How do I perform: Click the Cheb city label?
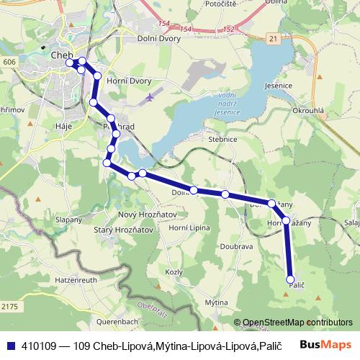pyautogui.click(x=60, y=54)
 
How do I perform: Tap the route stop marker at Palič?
pyautogui.click(x=291, y=279)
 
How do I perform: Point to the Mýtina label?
pyautogui.click(x=216, y=302)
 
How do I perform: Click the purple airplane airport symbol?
pyautogui.click(x=149, y=96)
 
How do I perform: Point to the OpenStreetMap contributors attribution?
pyautogui.click(x=293, y=323)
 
